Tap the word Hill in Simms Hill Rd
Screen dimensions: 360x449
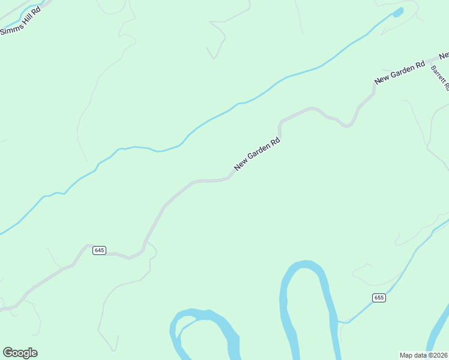tap(23, 19)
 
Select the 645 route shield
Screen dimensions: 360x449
tap(100, 250)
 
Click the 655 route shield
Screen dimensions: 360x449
tap(378, 298)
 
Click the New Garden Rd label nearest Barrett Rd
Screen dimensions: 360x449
tap(399, 72)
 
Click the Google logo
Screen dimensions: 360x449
tap(20, 353)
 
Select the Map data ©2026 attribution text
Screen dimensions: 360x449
tap(423, 355)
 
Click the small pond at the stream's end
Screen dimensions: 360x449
tap(397, 12)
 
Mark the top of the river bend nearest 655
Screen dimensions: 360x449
tap(307, 265)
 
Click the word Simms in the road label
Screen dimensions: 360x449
tap(10, 28)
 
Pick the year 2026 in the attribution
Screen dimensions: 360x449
tap(439, 355)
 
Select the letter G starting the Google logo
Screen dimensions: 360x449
tap(8, 353)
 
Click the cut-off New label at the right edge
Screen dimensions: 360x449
tap(444, 56)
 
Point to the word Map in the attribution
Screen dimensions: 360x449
tap(406, 355)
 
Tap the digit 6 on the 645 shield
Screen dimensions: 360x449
tap(97, 250)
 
